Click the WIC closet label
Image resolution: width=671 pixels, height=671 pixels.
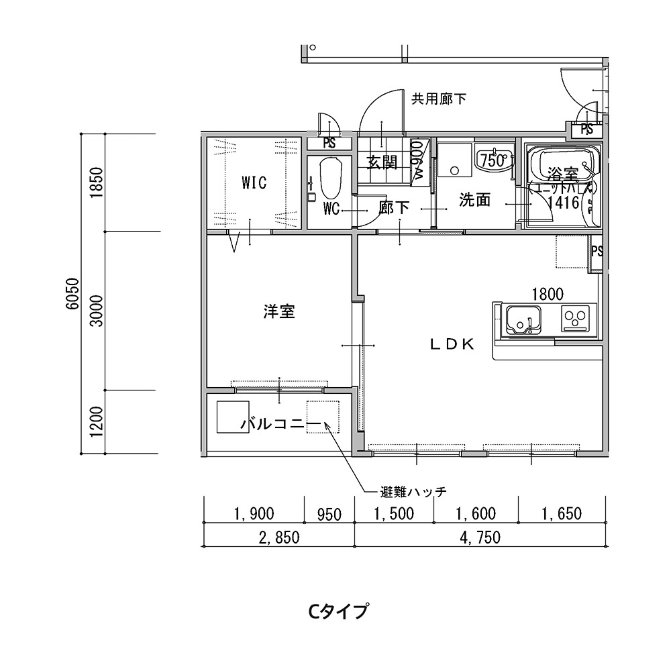254,182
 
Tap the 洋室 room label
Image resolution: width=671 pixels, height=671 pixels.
279,311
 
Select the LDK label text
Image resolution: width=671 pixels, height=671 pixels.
452,344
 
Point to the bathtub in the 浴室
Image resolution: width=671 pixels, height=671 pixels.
562,164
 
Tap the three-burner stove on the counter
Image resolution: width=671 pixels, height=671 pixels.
578,319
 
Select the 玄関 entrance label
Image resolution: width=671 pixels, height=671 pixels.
382,162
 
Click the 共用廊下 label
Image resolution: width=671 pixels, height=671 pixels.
438,99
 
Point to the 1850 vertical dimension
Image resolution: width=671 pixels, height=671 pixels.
96,181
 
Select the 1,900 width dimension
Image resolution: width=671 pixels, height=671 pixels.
254,515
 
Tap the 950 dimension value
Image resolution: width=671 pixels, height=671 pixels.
329,515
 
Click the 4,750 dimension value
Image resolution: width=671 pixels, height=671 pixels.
480,537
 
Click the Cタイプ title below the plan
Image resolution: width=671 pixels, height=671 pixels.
338,611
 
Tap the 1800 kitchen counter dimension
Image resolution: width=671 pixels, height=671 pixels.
547,293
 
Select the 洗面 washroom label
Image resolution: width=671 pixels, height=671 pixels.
474,200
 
